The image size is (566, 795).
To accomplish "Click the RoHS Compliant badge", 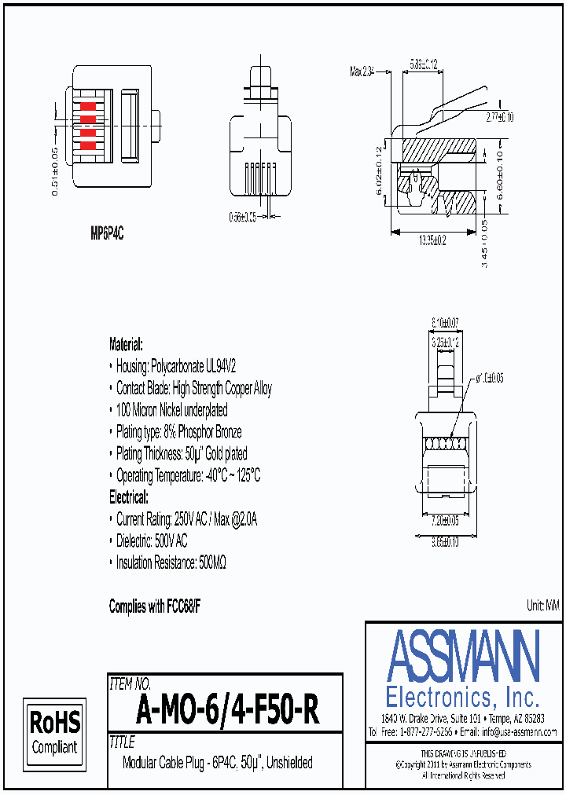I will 55,733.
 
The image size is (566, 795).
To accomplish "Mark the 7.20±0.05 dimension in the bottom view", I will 446,521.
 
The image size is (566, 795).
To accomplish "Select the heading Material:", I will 126,344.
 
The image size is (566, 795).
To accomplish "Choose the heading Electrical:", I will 128,497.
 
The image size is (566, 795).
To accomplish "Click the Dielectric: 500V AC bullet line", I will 152,541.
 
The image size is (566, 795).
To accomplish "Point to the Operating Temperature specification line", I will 188,476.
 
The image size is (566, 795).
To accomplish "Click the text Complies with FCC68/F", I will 155,606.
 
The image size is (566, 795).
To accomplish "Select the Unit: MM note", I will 542,605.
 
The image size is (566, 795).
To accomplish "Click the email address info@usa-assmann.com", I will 519,732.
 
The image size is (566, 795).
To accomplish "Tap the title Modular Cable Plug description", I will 218,763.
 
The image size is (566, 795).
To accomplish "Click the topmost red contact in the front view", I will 88,105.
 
